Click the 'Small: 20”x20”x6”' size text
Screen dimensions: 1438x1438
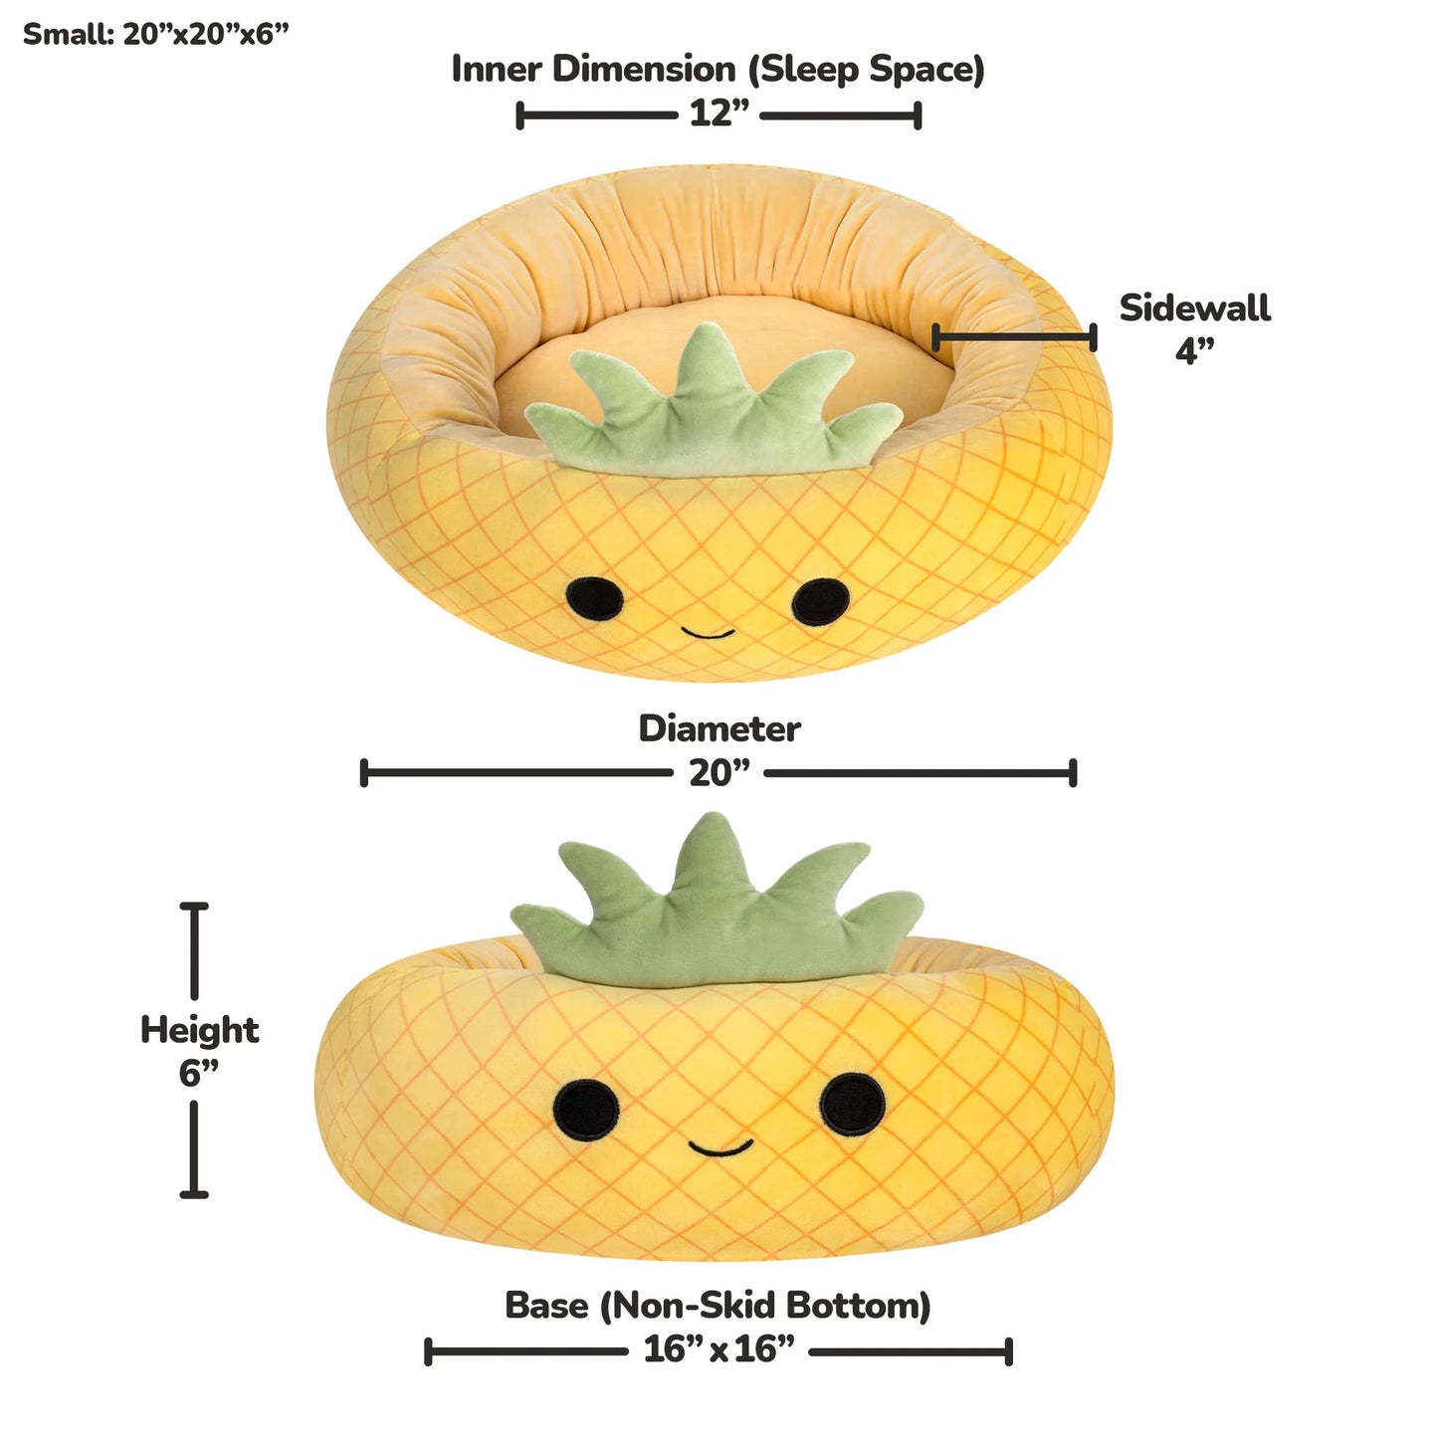[x=156, y=34]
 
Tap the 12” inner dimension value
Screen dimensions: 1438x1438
[x=719, y=113]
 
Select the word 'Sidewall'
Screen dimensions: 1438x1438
[x=1194, y=308]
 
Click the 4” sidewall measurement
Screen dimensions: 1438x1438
[x=1195, y=350]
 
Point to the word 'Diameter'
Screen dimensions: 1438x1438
[x=719, y=728]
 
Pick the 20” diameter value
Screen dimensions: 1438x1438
[x=719, y=772]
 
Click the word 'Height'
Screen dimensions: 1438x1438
[x=199, y=1031]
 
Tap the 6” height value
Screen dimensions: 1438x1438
[x=198, y=1074]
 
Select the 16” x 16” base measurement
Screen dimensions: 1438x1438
[x=719, y=1348]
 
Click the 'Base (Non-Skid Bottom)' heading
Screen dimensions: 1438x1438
[x=718, y=1306]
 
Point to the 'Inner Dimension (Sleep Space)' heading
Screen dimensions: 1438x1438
[x=718, y=70]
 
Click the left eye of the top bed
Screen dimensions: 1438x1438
[x=594, y=598]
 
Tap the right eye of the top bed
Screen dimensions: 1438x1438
[x=820, y=601]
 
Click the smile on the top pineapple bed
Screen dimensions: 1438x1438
[x=708, y=634]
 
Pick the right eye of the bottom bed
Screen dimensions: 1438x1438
[x=853, y=1105]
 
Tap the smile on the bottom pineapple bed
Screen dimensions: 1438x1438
[x=720, y=1147]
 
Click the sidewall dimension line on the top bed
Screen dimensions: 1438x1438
[x=1014, y=337]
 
